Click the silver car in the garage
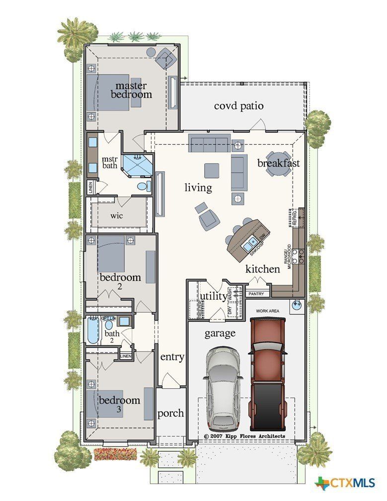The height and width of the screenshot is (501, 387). click(225, 389)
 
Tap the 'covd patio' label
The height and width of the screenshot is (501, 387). click(238, 106)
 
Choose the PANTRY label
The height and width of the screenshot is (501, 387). click(256, 294)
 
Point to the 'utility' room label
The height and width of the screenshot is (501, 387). click(213, 296)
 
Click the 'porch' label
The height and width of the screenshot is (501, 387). click(170, 413)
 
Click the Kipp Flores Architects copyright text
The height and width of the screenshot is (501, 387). click(244, 436)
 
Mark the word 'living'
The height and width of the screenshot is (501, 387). click(198, 187)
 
